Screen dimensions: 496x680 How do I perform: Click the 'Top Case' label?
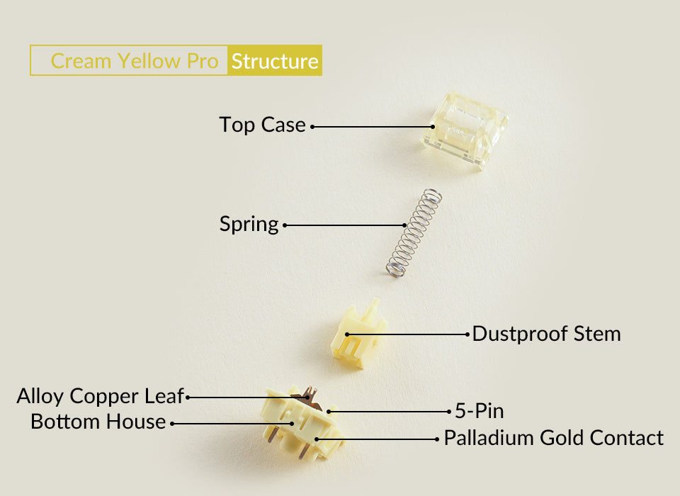point(262,125)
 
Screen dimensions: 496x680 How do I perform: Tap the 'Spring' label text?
point(249,225)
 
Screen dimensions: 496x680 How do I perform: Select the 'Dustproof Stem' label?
point(546,334)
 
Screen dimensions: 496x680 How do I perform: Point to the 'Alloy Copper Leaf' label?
point(100,396)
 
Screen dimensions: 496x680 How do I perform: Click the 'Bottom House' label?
point(98,422)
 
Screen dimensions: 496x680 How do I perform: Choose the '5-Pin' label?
point(479,410)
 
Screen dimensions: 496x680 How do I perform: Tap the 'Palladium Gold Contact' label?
point(554,438)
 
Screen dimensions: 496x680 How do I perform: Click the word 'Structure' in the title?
point(275,61)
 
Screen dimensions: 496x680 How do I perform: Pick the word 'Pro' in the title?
point(203,61)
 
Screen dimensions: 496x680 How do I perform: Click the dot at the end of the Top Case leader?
point(312,127)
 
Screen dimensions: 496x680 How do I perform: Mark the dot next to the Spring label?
point(285,226)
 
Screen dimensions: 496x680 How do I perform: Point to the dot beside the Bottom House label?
point(172,423)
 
